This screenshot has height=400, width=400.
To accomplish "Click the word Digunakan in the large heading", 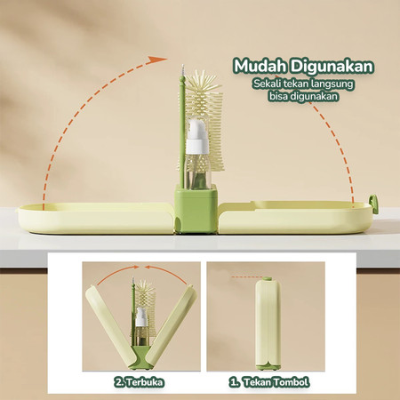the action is (x=332, y=67).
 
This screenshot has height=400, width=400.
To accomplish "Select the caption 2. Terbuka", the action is (x=139, y=382).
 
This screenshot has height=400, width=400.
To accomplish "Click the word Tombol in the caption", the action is (x=290, y=382).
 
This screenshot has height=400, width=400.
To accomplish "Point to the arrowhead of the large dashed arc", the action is (x=158, y=60).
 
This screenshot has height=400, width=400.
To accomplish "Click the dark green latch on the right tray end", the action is (x=374, y=204).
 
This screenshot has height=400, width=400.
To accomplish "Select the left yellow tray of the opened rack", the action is (x=95, y=219).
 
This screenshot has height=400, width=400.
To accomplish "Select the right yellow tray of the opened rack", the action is (x=296, y=217).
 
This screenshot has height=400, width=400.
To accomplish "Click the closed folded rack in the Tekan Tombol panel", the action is (x=268, y=324).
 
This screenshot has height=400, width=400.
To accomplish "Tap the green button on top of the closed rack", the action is (x=267, y=279).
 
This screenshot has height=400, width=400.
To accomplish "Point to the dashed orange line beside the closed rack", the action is (x=246, y=277).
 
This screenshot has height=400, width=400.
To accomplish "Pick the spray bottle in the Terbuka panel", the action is (x=141, y=326).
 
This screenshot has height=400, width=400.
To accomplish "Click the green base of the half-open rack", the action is (x=141, y=357).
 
